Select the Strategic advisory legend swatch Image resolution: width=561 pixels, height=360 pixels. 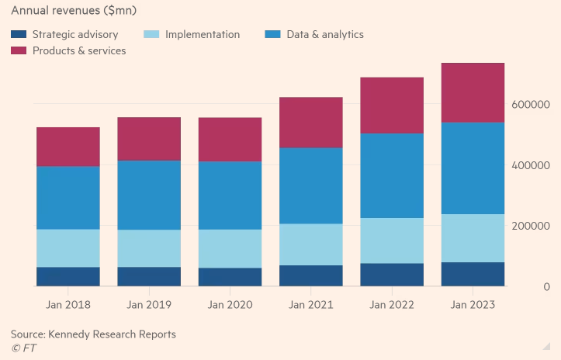[x=19, y=35]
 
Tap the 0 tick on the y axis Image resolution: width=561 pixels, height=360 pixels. [x=546, y=287]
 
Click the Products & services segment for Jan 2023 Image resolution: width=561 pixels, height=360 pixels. [x=472, y=92]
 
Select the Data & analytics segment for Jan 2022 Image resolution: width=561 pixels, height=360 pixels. [x=391, y=175]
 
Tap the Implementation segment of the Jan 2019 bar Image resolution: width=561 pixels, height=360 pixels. [x=149, y=248]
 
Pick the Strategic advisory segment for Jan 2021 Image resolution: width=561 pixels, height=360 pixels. [x=310, y=275]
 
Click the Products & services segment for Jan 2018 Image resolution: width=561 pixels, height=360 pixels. [x=68, y=147]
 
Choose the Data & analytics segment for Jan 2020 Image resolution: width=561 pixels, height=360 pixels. [x=230, y=195]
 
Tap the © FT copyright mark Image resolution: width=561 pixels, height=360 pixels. [x=23, y=348]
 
